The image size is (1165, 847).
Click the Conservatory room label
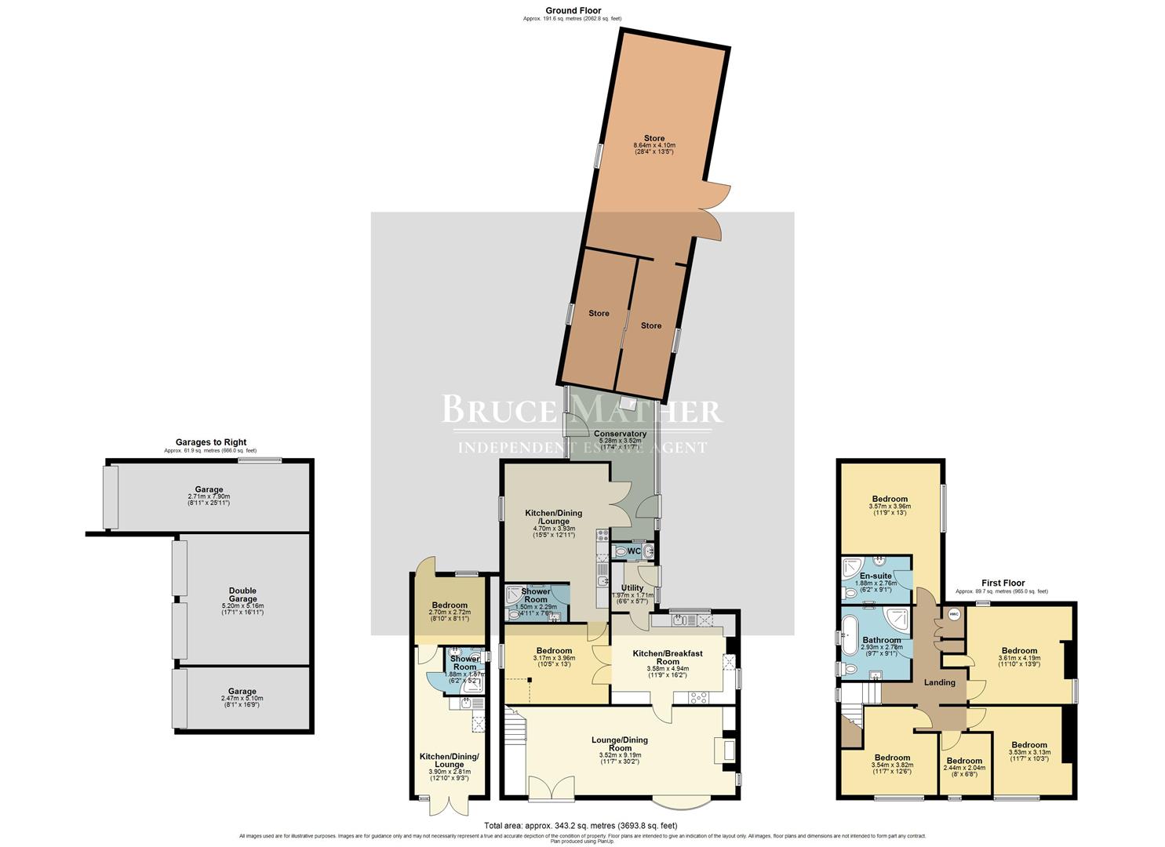click(x=620, y=434)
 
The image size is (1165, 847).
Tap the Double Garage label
click(x=242, y=595)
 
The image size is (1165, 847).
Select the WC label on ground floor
click(x=633, y=551)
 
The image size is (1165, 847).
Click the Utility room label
click(x=632, y=587)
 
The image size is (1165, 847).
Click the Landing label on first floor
click(x=939, y=682)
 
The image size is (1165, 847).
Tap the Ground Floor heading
click(x=573, y=11)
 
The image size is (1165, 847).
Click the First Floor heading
click(x=1003, y=583)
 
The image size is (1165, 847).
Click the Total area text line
click(x=581, y=825)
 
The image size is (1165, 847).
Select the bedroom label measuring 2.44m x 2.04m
click(x=964, y=761)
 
